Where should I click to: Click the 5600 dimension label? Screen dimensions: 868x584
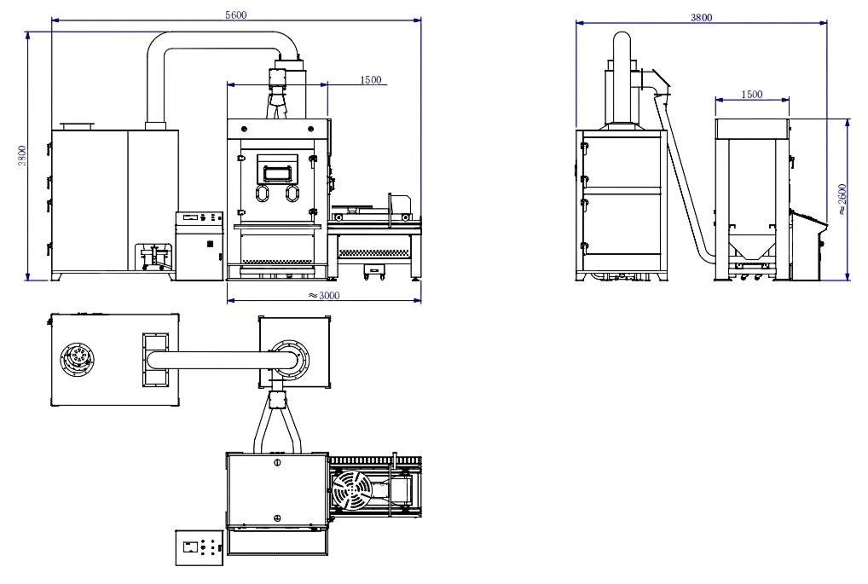pos(236,15)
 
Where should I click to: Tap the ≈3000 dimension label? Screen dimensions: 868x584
pos(324,296)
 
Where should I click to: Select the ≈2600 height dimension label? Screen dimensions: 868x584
pos(842,199)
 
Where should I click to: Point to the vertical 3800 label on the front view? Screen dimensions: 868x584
pos(21,155)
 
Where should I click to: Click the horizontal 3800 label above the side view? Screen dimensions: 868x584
pos(702,18)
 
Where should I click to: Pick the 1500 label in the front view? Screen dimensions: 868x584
pos(371,79)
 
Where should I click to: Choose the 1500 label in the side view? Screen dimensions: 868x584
pos(752,95)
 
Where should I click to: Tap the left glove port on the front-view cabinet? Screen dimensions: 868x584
pos(262,194)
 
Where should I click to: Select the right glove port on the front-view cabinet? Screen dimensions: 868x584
pos(291,194)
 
